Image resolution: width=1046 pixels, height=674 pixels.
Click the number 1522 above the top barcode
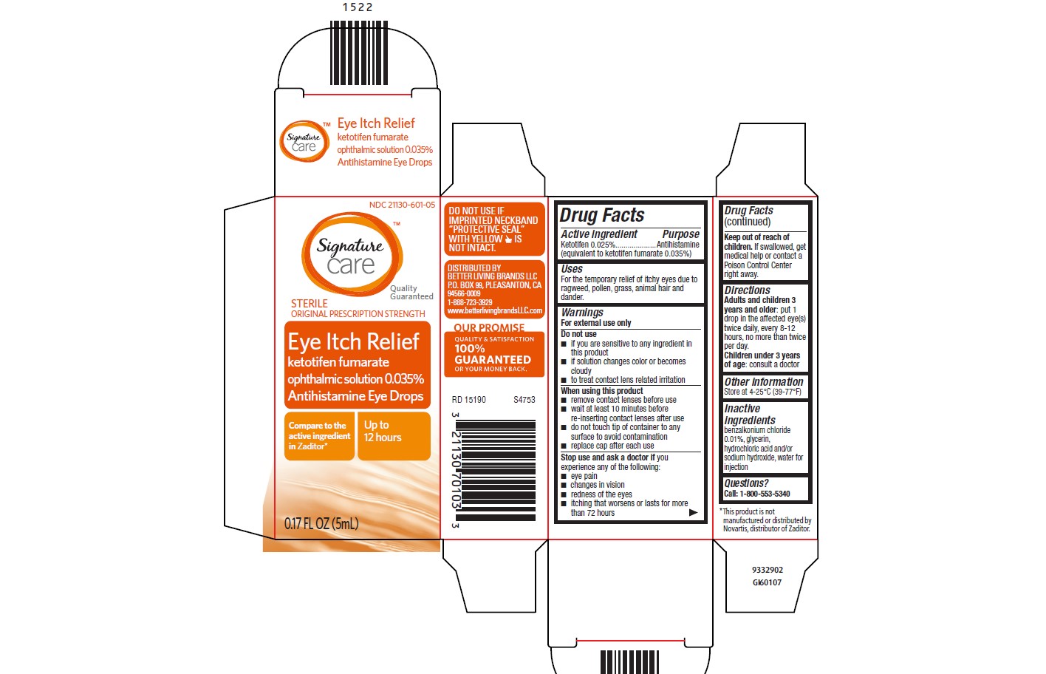[x=358, y=7]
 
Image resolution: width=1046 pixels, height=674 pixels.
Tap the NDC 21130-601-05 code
[x=402, y=205]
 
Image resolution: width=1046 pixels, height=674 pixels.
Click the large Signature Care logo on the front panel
[x=352, y=254]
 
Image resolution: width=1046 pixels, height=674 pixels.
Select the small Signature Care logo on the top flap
[x=304, y=141]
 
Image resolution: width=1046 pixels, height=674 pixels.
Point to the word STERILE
[x=309, y=303]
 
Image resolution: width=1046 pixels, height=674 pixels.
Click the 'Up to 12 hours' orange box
[x=394, y=436]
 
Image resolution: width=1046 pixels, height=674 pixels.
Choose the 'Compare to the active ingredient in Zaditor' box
[x=319, y=436]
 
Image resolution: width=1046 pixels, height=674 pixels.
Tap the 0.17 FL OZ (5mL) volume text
[x=321, y=523]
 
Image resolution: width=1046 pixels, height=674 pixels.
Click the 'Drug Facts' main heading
[x=602, y=215]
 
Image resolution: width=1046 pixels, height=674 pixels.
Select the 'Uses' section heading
[x=572, y=269]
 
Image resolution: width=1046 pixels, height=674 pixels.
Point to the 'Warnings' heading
[x=582, y=313]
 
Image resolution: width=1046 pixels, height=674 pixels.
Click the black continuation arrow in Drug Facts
[x=694, y=512]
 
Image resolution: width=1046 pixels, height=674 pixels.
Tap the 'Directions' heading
[x=747, y=290]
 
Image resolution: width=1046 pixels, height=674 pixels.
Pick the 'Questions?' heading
[x=746, y=483]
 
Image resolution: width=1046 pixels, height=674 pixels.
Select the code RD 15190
[x=469, y=400]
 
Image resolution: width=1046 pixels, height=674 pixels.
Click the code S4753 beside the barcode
[x=524, y=400]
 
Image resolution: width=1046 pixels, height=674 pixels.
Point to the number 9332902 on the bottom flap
[x=768, y=570]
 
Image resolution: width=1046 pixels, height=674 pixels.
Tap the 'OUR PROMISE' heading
[x=489, y=327]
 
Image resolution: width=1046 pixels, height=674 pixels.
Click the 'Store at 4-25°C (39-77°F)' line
[x=762, y=392]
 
